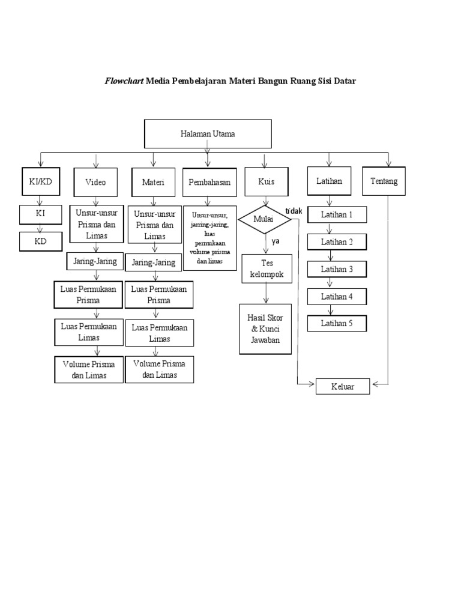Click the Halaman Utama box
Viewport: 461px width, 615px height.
pos(208,134)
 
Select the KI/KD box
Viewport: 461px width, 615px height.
pos(40,181)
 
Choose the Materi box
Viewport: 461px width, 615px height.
pos(153,182)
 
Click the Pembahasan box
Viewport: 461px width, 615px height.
pos(209,182)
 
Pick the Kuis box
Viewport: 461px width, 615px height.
pos(266,182)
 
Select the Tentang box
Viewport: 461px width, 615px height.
pos(384,181)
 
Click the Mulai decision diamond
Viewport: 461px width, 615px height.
pos(264,220)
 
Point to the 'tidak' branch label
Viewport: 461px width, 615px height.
pos(293,210)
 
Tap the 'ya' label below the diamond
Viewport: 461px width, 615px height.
pos(276,241)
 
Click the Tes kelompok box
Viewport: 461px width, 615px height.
pos(267,268)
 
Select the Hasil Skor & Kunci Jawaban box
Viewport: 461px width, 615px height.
pos(266,329)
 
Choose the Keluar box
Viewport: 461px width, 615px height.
pos(343,387)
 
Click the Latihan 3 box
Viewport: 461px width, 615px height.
pos(337,269)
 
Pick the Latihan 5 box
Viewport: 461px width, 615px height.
pos(337,323)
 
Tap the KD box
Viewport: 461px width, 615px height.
pos(40,241)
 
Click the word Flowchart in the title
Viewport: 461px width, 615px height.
pos(124,80)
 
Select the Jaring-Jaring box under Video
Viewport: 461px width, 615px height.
pos(95,261)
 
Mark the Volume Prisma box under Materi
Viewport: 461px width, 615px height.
pos(159,369)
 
